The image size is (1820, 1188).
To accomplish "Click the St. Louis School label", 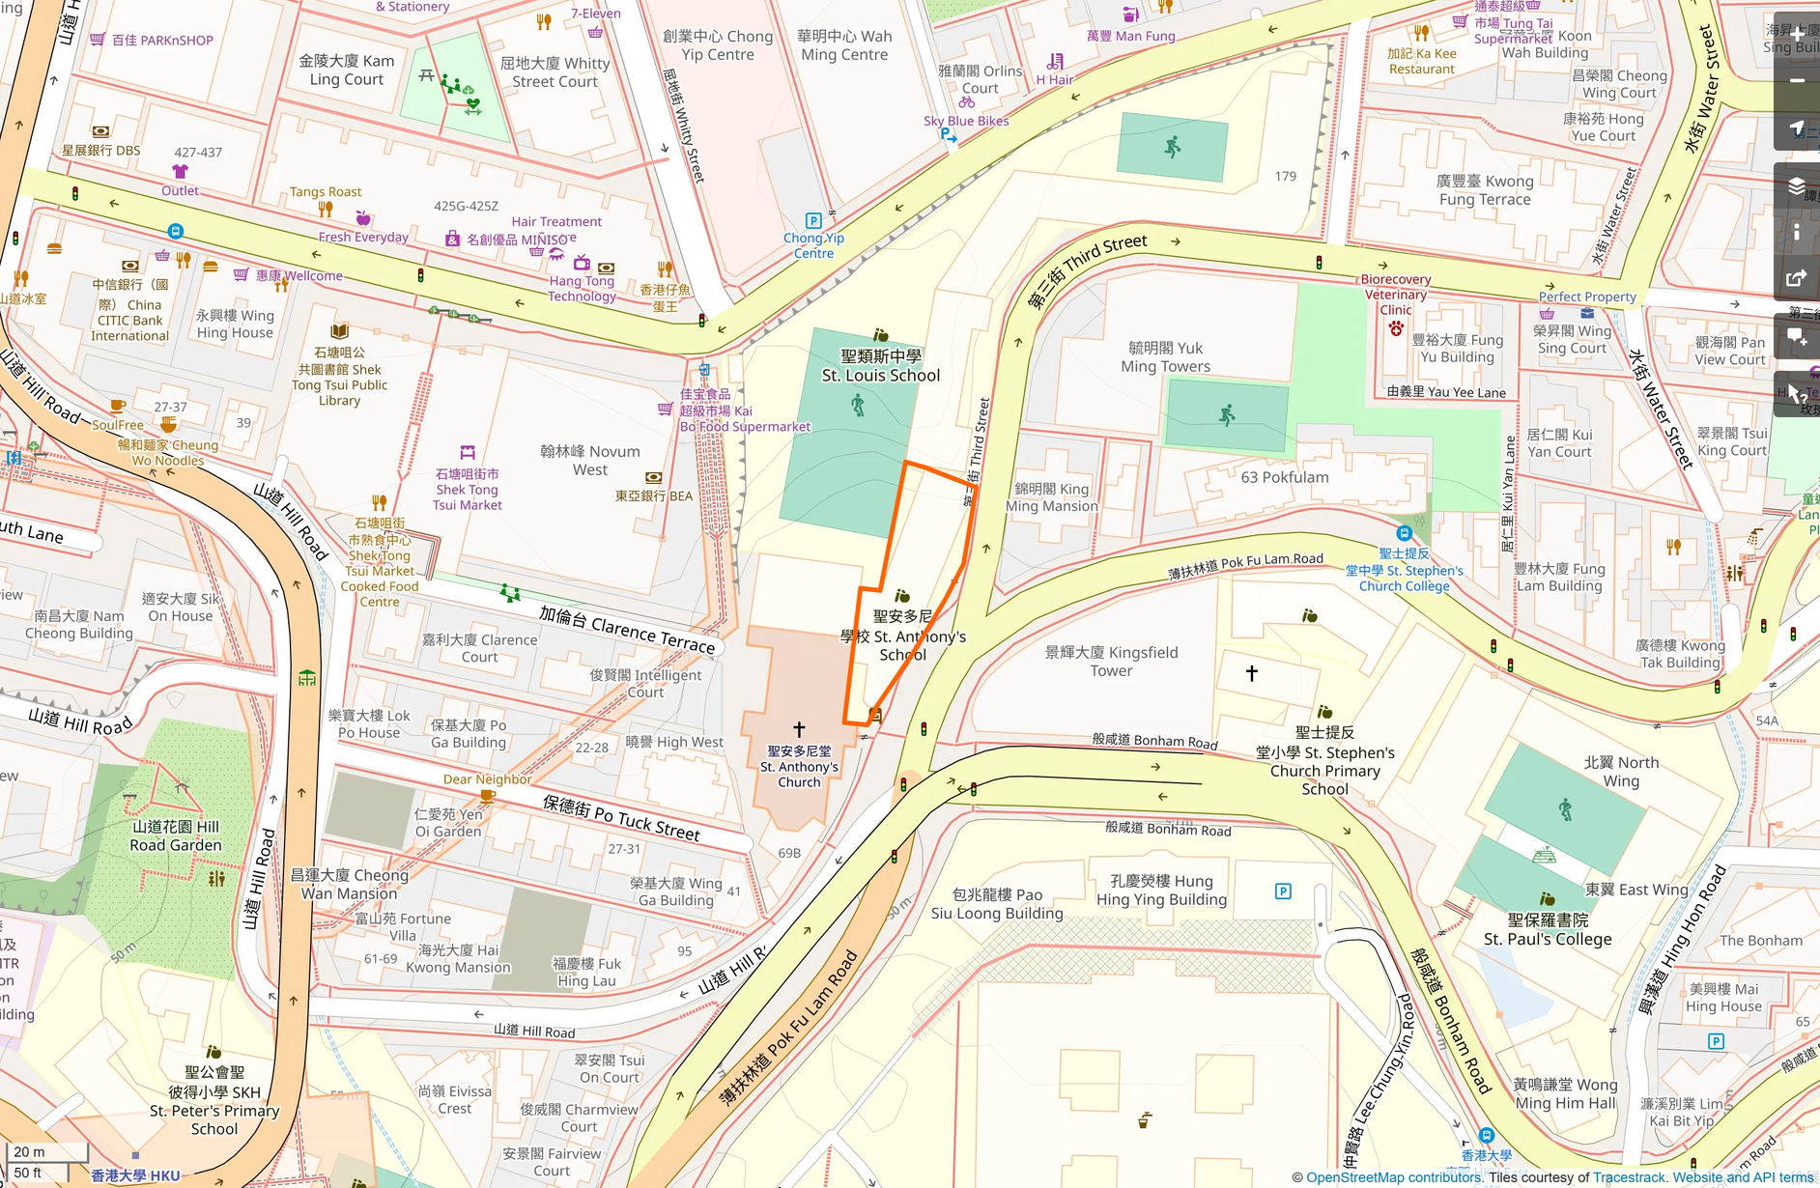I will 880,366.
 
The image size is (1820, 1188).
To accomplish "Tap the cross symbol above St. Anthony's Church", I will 799,729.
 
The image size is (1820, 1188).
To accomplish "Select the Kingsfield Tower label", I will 1111,662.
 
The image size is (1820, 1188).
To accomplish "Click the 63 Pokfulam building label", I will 1284,477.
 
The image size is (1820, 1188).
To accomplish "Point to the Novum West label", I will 589,461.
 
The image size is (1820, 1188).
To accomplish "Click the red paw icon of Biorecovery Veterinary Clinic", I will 1396,328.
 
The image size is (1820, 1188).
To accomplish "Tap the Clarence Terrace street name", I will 627,629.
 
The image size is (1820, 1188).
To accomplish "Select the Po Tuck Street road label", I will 621,817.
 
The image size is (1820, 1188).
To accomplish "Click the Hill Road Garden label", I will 176,835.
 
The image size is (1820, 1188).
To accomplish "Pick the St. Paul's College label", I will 1548,930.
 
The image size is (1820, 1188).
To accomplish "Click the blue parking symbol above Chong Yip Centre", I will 813,220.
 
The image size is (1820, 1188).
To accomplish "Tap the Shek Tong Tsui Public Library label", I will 339,377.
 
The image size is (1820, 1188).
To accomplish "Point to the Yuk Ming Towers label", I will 1165,357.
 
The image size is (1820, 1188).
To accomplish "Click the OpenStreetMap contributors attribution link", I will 1393,1177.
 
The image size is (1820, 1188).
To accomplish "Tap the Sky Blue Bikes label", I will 965,121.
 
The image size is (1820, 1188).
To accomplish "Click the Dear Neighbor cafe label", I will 487,779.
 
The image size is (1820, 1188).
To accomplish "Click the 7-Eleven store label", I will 595,14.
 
